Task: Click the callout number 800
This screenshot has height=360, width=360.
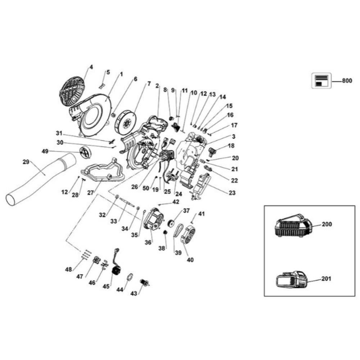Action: [347, 81]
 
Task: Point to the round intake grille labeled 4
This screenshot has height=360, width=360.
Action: [72, 92]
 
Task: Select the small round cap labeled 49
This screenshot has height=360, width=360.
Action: [86, 152]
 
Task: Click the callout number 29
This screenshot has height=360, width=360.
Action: [26, 162]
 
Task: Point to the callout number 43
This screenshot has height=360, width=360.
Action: [134, 294]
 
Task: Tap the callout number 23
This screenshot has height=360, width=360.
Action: [232, 193]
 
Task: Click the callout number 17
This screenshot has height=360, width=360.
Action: [234, 126]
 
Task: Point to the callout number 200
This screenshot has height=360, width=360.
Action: [327, 224]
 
